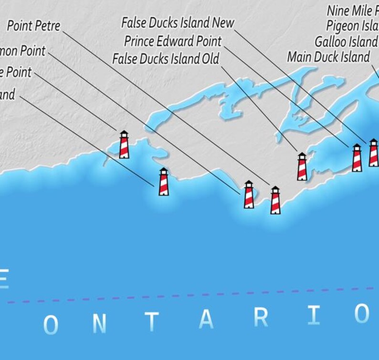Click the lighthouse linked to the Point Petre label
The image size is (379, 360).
pyautogui.click(x=275, y=200)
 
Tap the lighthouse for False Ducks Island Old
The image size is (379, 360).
pyautogui.click(x=302, y=166)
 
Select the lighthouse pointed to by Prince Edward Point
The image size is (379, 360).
pyautogui.click(x=357, y=158)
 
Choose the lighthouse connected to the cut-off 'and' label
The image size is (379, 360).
pyautogui.click(x=164, y=182)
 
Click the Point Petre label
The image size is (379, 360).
pyautogui.click(x=34, y=26)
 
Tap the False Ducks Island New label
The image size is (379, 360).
pyautogui.click(x=178, y=22)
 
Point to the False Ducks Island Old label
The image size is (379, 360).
pyautogui.click(x=166, y=59)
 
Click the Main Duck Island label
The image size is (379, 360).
pyautogui.click(x=328, y=57)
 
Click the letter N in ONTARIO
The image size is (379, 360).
pyautogui.click(x=98, y=323)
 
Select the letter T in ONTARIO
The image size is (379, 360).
pyautogui.click(x=152, y=322)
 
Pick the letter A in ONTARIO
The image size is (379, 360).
pyautogui.click(x=206, y=320)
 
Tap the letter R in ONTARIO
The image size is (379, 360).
pyautogui.click(x=261, y=318)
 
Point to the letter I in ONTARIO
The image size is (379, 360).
pyautogui.click(x=314, y=316)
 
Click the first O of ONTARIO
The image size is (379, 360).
pyautogui.click(x=51, y=325)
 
